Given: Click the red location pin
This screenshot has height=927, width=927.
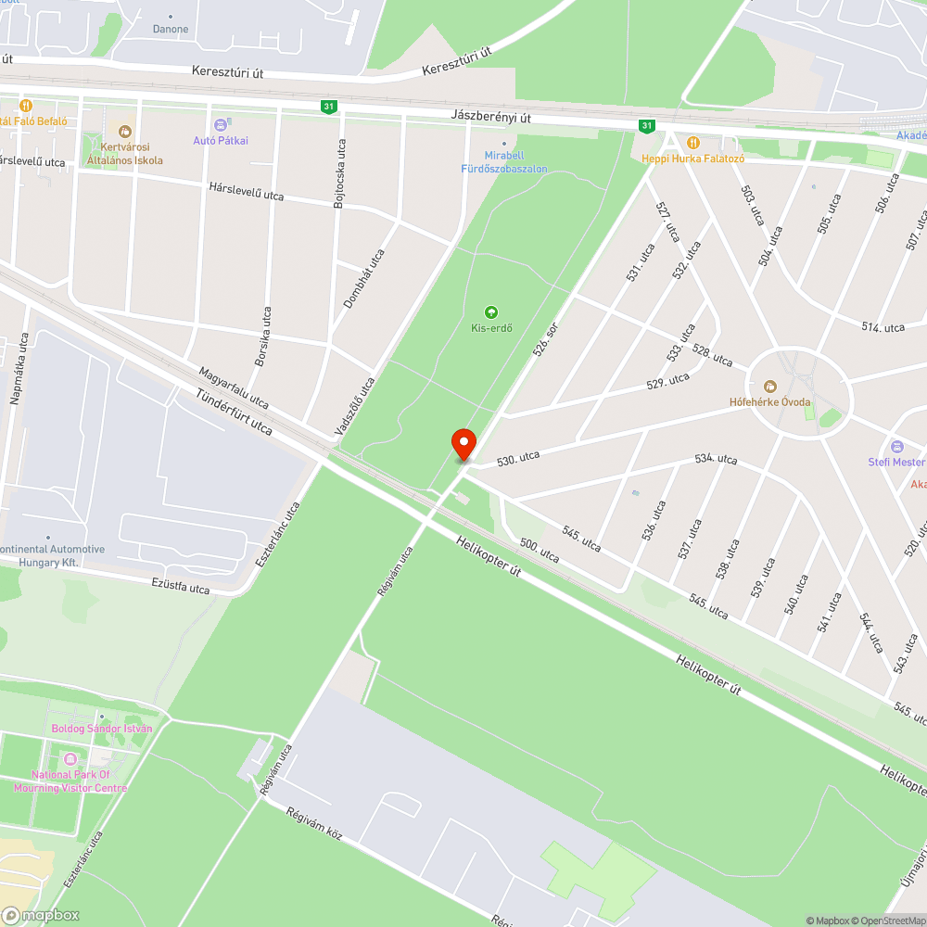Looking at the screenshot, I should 463,443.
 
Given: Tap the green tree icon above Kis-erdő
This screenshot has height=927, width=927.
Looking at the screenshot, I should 491,312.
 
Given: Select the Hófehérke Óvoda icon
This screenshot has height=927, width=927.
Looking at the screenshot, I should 769,386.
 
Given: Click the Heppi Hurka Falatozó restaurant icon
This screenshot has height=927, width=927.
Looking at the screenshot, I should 692,142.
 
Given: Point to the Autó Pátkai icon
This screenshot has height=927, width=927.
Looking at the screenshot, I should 221,124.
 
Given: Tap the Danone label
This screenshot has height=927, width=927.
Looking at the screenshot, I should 171,29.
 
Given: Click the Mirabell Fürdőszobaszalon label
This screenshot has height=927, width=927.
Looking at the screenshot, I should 504,163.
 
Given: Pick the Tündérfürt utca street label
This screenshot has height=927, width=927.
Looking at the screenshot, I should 234,413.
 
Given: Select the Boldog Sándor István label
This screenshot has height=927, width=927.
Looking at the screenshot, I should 101,729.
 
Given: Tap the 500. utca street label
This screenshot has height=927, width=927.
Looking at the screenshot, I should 540,552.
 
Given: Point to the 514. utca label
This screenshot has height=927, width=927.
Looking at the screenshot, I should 883,327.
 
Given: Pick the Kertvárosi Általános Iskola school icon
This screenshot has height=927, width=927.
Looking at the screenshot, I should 125,132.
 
